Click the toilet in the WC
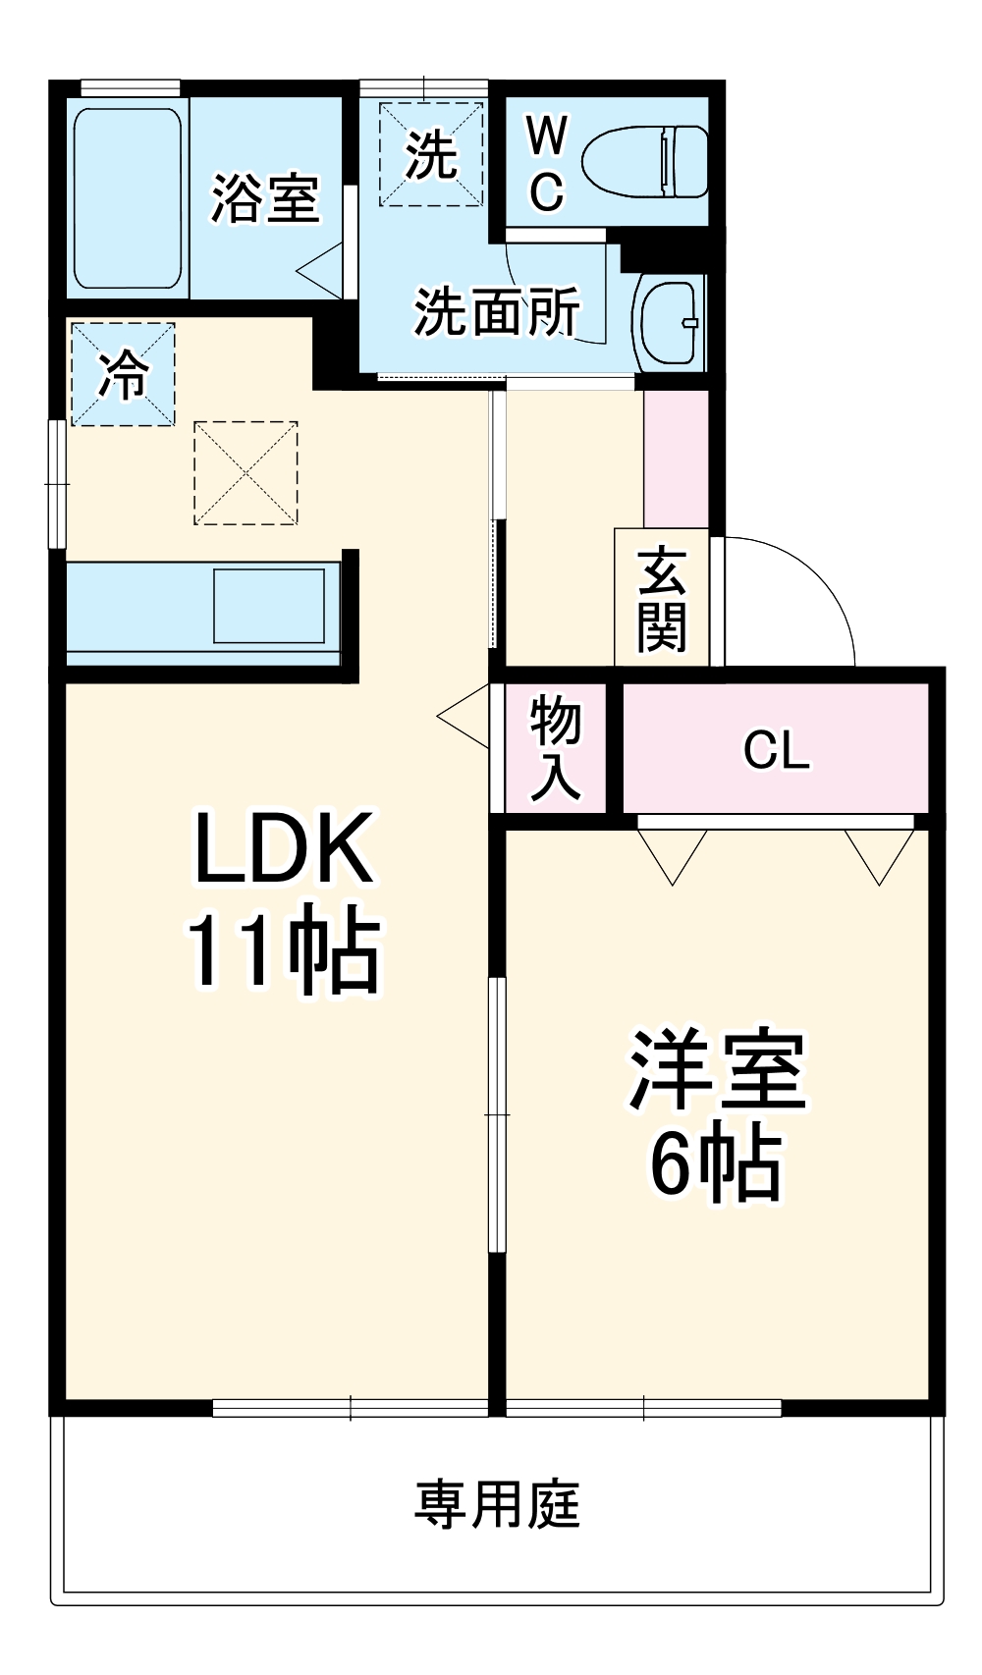tap(645, 161)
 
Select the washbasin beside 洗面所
tap(669, 321)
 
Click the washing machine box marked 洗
tap(431, 154)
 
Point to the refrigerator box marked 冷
tap(123, 374)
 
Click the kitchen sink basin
tap(269, 606)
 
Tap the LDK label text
tap(284, 847)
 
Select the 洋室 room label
tap(717, 1069)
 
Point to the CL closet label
tap(776, 751)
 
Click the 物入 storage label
tap(556, 748)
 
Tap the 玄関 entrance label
tap(662, 600)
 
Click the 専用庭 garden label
tap(497, 1504)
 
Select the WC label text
tap(546, 163)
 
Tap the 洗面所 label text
tap(496, 311)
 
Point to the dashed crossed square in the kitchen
tap(245, 472)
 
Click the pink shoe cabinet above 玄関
tap(676, 459)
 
